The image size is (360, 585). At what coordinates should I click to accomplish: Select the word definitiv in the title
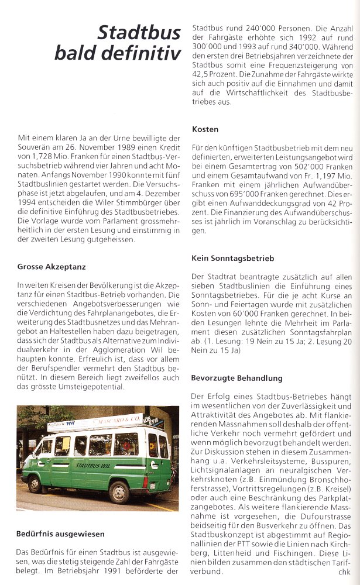tap(146, 53)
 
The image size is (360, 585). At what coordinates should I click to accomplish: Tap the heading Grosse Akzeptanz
tap(52, 267)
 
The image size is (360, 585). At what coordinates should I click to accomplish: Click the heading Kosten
tap(205, 129)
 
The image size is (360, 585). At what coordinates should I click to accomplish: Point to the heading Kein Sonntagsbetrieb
tap(232, 257)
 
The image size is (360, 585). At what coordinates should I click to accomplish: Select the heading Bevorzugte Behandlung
tap(236, 378)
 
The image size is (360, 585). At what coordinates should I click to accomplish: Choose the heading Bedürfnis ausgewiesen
tap(61, 534)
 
